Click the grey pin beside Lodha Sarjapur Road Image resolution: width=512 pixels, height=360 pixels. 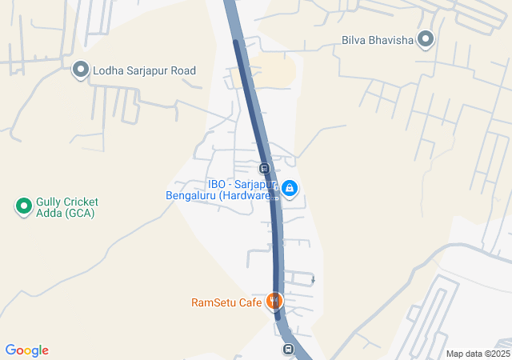tap(80, 70)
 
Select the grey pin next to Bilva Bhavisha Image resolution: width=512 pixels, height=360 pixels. tap(426, 38)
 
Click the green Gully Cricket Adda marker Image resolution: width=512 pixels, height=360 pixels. tap(24, 206)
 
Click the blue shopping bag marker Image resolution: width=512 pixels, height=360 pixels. tap(290, 190)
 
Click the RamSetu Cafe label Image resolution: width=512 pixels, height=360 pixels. tap(226, 302)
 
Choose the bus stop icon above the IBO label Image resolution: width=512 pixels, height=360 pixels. tap(263, 168)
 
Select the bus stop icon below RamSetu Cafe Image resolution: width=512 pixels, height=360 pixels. tap(288, 350)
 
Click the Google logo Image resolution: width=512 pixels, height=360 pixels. tap(26, 350)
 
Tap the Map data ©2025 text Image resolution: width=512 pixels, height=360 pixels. tap(478, 354)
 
